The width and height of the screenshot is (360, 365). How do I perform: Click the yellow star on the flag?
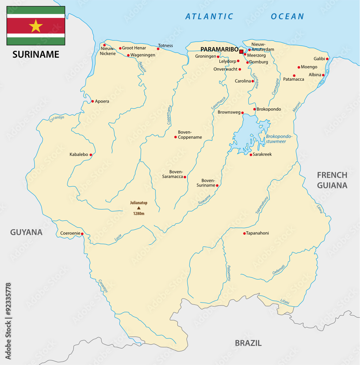tap(36, 26)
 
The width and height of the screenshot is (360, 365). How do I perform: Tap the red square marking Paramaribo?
tap(241, 51)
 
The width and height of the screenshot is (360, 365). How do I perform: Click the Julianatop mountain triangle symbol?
tap(138, 208)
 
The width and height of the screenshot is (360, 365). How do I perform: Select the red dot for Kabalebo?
tap(91, 155)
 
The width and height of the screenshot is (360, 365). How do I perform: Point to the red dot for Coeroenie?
tap(82, 234)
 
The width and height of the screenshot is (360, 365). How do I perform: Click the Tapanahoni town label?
tap(258, 233)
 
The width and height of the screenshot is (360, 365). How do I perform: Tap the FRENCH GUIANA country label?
tap(332, 180)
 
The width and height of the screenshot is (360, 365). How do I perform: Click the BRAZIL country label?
tap(248, 343)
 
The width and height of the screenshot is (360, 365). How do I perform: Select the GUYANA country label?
tap(26, 232)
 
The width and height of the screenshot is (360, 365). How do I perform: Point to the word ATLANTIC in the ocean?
tap(209, 16)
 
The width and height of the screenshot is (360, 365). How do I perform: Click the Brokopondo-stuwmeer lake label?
tap(279, 139)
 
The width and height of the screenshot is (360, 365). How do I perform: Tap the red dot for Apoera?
tap(92, 101)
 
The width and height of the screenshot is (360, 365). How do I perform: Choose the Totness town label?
tap(165, 46)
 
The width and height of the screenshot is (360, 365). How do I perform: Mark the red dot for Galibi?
tap(327, 59)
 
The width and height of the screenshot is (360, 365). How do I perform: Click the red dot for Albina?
tap(323, 75)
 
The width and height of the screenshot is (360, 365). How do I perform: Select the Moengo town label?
tap(309, 67)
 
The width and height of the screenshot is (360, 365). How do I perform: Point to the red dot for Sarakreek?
tap(251, 155)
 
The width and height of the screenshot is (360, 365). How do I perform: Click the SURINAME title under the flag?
tap(36, 54)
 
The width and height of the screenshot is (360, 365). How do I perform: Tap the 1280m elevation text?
tap(138, 214)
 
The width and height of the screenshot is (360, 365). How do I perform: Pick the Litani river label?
tap(285, 302)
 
